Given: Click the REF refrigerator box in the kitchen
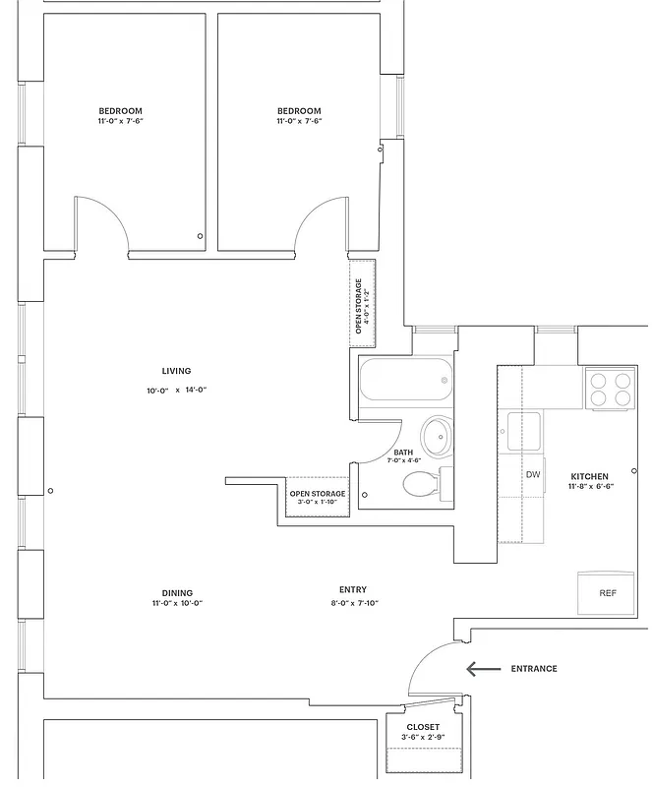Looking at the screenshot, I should point(608,593).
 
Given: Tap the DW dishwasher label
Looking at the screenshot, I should point(533,475).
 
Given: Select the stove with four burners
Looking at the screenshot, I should point(610,389).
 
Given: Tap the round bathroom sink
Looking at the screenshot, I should point(436,433).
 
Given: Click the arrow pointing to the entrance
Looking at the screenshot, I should point(483,669).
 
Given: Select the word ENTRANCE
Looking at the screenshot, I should point(534,669).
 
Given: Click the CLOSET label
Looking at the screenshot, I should point(423,727).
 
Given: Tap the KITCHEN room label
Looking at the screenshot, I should point(589,476).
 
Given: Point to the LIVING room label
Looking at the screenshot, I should point(177,371).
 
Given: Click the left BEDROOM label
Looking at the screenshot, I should point(120,110).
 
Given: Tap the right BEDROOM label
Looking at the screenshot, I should point(299,110).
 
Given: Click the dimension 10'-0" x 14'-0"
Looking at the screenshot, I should point(177,391).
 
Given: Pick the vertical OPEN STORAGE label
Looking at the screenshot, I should point(360,306).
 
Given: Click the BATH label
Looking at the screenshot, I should point(403,453).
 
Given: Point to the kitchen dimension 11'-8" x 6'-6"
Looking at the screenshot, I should point(590,487).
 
